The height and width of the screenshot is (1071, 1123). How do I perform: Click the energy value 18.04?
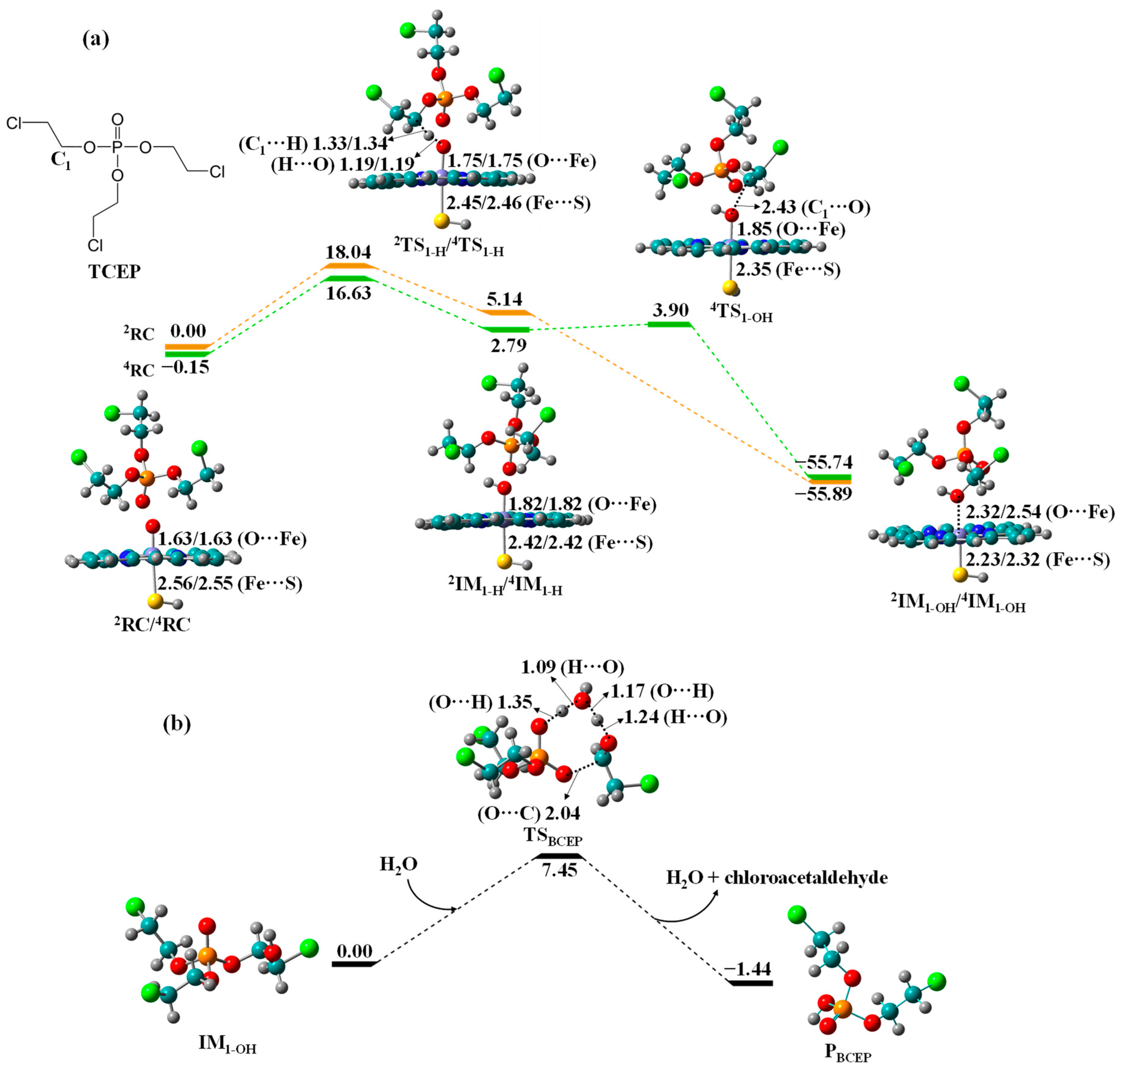[348, 252]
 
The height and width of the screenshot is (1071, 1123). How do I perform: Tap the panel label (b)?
[177, 723]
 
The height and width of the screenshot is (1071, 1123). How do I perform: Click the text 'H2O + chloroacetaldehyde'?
[777, 877]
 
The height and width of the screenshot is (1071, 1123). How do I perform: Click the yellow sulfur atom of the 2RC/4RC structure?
[154, 601]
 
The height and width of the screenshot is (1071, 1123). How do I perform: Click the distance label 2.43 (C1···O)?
[816, 207]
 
